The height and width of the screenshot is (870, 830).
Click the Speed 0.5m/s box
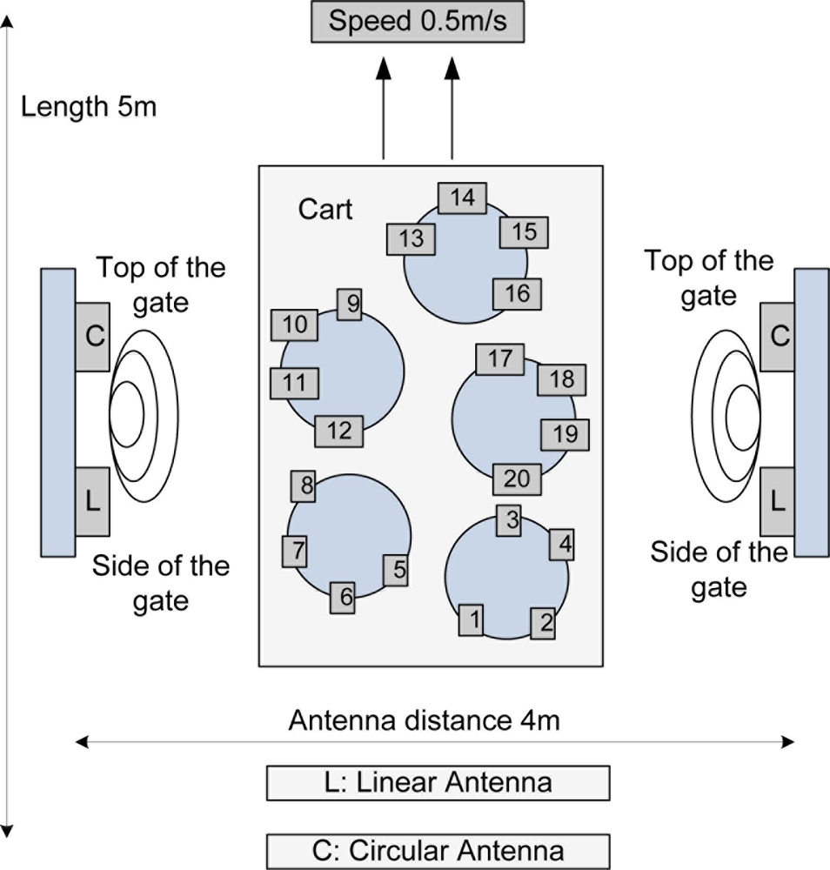point(418,21)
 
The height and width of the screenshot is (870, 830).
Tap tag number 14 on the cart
point(462,198)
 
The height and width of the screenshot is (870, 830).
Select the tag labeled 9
point(349,304)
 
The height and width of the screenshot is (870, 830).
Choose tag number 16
point(517,294)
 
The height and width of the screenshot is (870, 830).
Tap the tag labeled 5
point(396,570)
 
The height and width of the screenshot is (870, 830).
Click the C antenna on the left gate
point(92,337)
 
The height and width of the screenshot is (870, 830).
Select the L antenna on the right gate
point(777,500)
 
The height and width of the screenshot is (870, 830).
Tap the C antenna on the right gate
point(777,337)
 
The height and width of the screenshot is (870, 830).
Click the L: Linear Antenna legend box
point(438,782)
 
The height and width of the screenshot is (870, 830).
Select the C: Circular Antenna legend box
point(438,849)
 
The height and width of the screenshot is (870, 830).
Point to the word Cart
point(325,210)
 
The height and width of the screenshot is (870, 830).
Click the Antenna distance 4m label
point(424,721)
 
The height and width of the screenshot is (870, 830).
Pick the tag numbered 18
point(562,379)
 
